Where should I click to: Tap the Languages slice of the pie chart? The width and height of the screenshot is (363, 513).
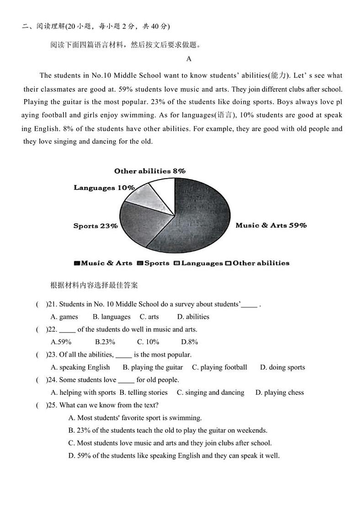pyautogui.click(x=144, y=194)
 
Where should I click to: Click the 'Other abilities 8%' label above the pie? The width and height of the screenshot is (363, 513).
pyautogui.click(x=149, y=171)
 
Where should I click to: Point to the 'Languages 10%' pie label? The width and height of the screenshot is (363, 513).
pyautogui.click(x=104, y=188)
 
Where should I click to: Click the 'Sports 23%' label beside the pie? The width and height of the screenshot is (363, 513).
pyautogui.click(x=96, y=226)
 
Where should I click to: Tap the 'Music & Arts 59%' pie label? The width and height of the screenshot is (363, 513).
pyautogui.click(x=271, y=225)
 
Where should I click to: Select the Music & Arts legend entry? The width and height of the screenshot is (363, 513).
pyautogui.click(x=103, y=263)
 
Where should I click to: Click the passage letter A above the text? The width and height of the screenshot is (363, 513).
pyautogui.click(x=189, y=59)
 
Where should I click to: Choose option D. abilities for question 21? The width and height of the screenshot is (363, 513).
pyautogui.click(x=193, y=317)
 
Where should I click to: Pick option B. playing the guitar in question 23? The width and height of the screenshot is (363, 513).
pyautogui.click(x=153, y=367)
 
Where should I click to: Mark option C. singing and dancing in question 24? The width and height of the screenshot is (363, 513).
pyautogui.click(x=210, y=392)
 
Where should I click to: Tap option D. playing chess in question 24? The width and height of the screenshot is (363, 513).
pyautogui.click(x=279, y=392)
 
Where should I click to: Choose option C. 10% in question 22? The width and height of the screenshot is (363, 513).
pyautogui.click(x=148, y=342)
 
